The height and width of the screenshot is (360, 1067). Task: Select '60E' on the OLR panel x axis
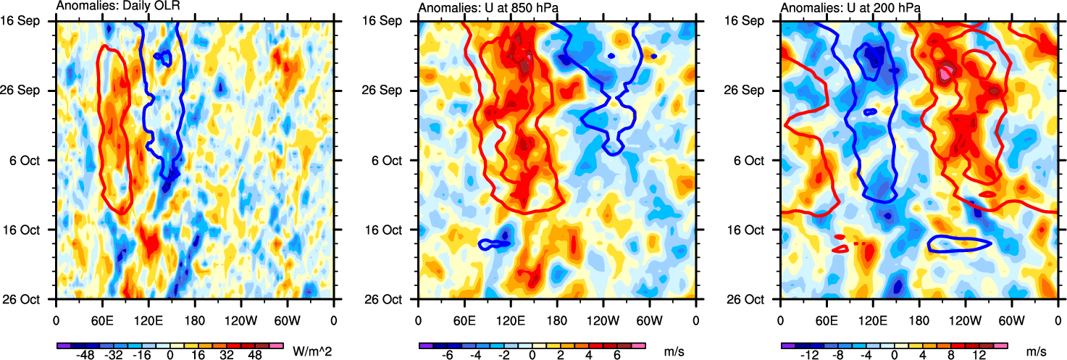(x=102, y=319)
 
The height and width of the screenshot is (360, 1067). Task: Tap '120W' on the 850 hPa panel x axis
(x=603, y=319)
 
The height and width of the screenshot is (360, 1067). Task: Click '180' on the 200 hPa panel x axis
(x=919, y=319)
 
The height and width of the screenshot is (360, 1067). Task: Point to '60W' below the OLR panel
(x=287, y=319)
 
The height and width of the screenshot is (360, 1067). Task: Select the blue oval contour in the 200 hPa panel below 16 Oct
(x=959, y=244)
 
